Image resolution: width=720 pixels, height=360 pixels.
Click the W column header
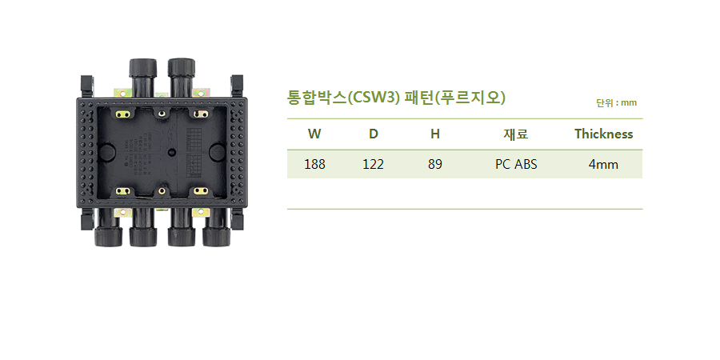[314, 134]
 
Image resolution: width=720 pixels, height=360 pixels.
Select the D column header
[374, 134]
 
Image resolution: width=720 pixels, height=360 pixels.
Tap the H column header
[435, 134]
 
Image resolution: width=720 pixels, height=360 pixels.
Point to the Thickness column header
[603, 134]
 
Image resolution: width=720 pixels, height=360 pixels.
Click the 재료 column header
[516, 134]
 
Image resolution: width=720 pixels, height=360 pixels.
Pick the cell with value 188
[314, 164]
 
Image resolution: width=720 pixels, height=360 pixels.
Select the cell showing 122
[373, 164]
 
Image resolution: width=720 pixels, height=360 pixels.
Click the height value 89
[435, 164]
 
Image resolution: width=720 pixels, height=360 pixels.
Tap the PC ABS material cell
[516, 164]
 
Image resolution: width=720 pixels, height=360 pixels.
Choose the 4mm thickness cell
[603, 164]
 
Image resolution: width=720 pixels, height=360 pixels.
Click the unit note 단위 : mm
[616, 103]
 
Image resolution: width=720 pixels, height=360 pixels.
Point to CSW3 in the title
[374, 98]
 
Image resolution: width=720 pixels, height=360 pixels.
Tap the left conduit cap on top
[143, 68]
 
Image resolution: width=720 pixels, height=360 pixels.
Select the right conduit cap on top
[182, 67]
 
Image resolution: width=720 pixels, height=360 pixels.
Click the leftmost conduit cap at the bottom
[108, 237]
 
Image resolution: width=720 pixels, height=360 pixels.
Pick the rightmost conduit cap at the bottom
[216, 237]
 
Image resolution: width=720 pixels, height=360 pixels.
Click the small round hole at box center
[172, 151]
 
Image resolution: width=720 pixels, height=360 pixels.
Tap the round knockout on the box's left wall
[106, 151]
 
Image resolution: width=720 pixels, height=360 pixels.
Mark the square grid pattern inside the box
[194, 139]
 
